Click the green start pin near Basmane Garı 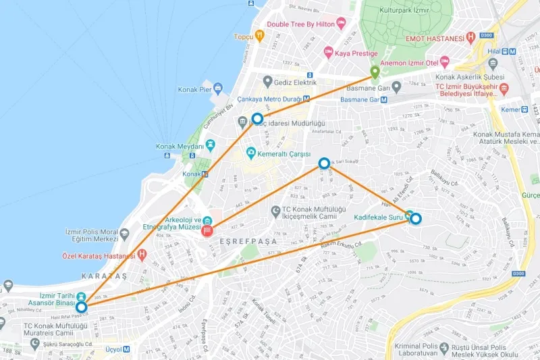pyautogui.click(x=375, y=72)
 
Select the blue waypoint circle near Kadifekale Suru pyautogui.click(x=416, y=218)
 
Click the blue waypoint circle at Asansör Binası pyautogui.click(x=82, y=307)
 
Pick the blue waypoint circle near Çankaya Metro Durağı pyautogui.click(x=257, y=119)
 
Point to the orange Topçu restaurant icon pyautogui.click(x=259, y=36)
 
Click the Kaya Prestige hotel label pyautogui.click(x=356, y=51)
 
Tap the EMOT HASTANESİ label pyautogui.click(x=436, y=38)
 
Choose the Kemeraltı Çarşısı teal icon pyautogui.click(x=251, y=152)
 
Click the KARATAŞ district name pyautogui.click(x=104, y=277)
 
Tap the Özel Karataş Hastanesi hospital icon pyautogui.click(x=141, y=255)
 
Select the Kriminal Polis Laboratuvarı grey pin pyautogui.click(x=443, y=349)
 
